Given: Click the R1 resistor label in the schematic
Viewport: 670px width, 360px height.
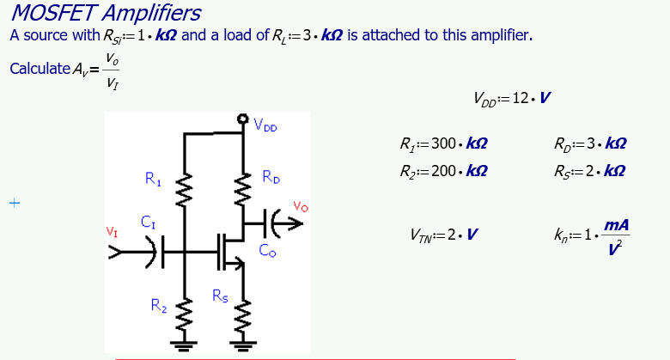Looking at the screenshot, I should pos(154,180).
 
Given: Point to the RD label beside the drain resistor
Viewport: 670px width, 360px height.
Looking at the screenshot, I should pos(271,178).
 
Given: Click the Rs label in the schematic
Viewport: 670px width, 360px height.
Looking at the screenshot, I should pos(221,296).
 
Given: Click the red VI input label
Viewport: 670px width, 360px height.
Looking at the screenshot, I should pos(112,231).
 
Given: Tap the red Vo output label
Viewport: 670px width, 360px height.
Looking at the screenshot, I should pos(300,206).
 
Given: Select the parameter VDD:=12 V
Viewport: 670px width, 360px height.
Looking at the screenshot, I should pos(511,99).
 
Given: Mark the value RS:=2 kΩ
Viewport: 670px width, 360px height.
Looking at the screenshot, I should pos(590,170).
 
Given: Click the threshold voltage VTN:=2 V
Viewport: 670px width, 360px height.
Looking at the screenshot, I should pos(445,235).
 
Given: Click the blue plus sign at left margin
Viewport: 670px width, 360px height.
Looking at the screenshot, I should pos(14,204).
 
